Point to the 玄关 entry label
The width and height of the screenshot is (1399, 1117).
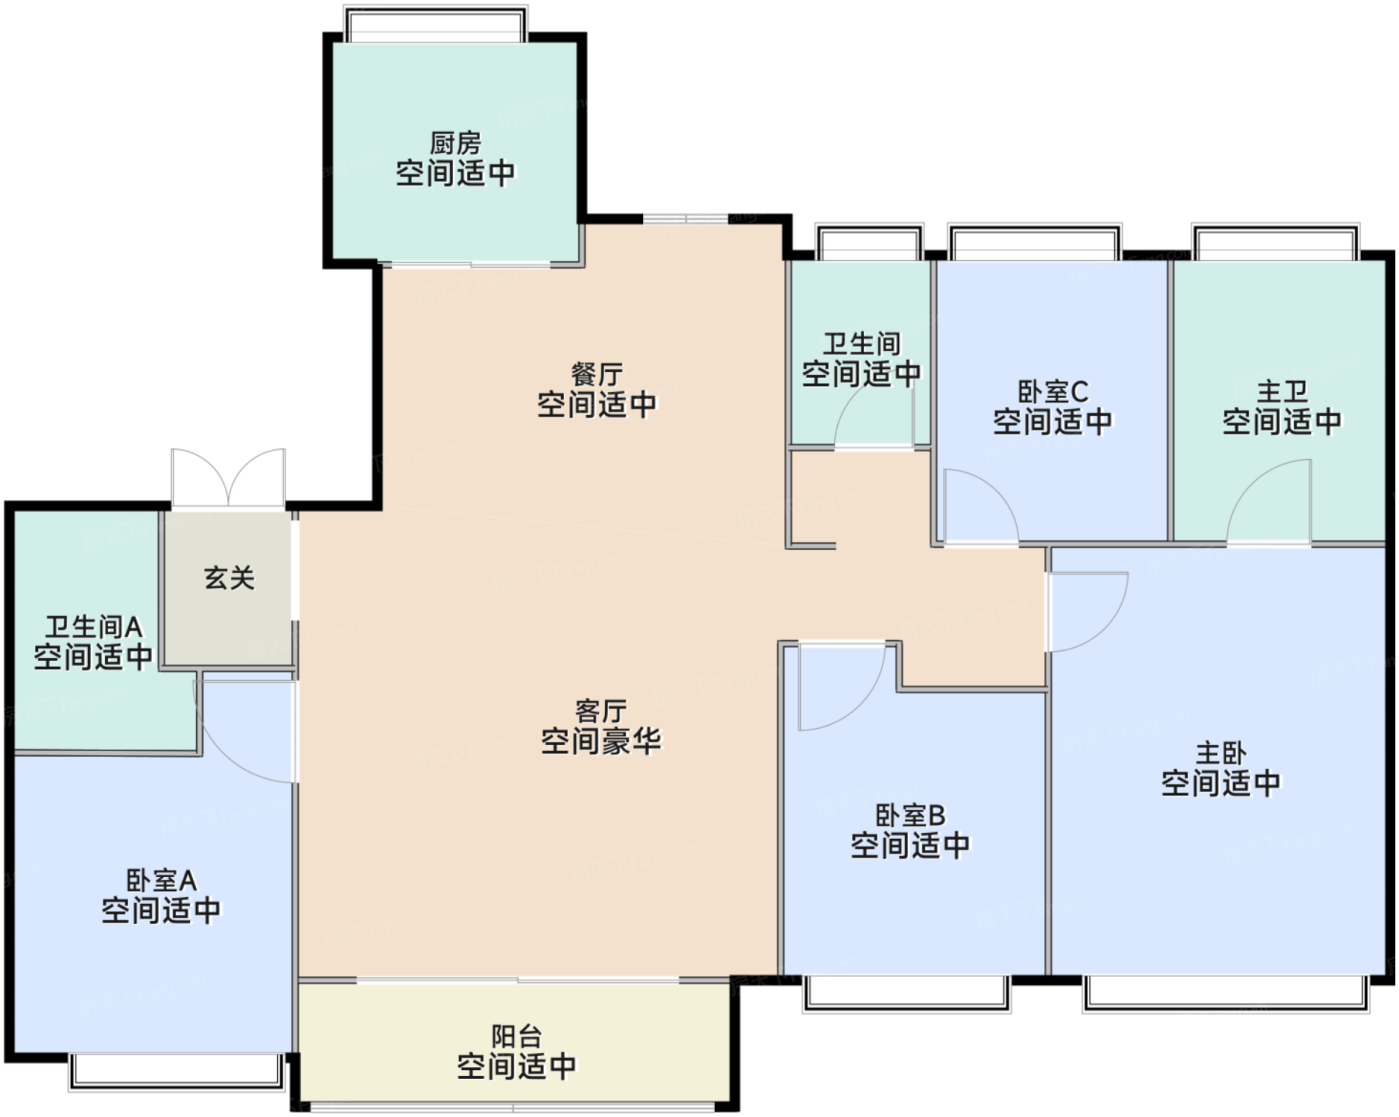[x=229, y=578]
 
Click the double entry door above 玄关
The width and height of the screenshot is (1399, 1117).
[x=229, y=478]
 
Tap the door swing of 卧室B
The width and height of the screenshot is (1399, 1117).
[x=841, y=687]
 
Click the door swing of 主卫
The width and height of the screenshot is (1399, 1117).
[x=1270, y=503]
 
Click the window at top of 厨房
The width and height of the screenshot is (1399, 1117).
[x=435, y=26]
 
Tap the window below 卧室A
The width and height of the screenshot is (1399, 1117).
[x=177, y=1070]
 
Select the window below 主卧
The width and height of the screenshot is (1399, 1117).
[x=1225, y=991]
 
